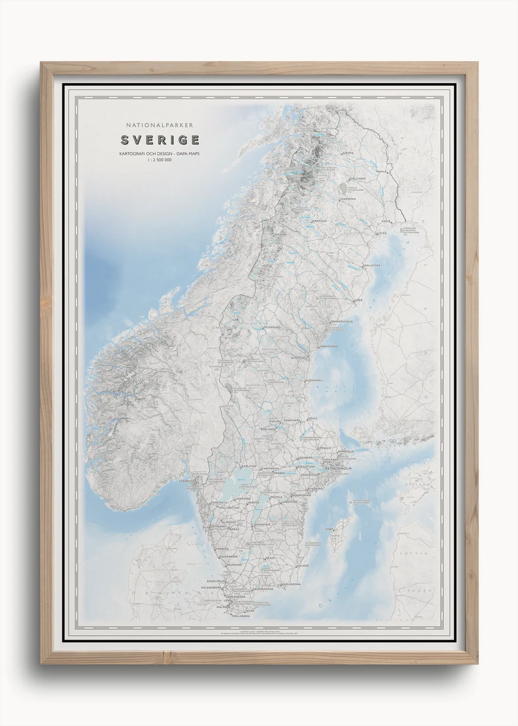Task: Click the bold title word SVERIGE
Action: (x=160, y=140)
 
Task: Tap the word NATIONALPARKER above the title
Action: (x=160, y=125)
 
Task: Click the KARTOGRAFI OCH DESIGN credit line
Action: (x=160, y=154)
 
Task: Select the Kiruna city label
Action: (x=348, y=153)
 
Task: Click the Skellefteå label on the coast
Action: (x=371, y=265)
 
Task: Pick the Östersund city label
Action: (x=271, y=328)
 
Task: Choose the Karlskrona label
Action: (x=291, y=584)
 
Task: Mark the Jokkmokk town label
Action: (x=348, y=200)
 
